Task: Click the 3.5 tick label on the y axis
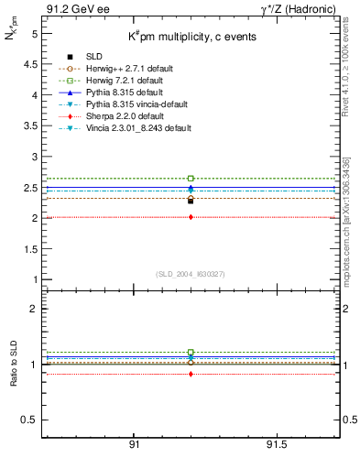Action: point(29,126)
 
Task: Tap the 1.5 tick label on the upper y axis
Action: point(29,249)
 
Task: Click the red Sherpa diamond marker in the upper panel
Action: point(191,217)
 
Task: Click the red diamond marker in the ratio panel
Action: point(191,374)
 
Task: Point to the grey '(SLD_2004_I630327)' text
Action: point(191,274)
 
